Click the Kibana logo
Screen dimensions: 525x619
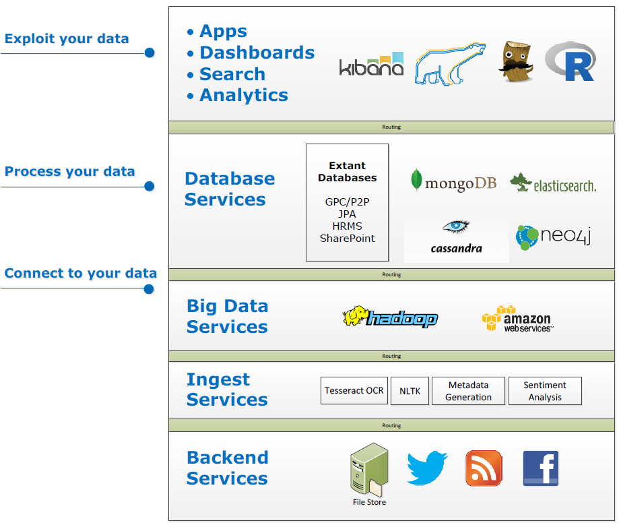point(371,64)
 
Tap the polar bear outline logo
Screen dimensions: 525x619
point(450,65)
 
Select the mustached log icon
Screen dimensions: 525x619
point(515,62)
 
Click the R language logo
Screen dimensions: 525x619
point(570,62)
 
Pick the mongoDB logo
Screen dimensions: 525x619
point(453,182)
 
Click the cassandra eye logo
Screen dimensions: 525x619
point(457,236)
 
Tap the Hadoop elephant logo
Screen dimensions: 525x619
point(390,317)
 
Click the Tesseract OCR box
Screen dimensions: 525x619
point(354,391)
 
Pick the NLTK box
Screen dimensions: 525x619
point(410,391)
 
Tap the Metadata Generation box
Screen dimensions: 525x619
point(468,391)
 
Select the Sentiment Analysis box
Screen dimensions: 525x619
point(545,391)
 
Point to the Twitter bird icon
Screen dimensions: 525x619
point(427,468)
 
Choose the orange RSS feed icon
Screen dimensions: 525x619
point(484,468)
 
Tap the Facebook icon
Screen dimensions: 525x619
point(541,468)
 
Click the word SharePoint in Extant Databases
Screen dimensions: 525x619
point(348,239)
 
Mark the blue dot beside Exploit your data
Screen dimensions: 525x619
point(150,53)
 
